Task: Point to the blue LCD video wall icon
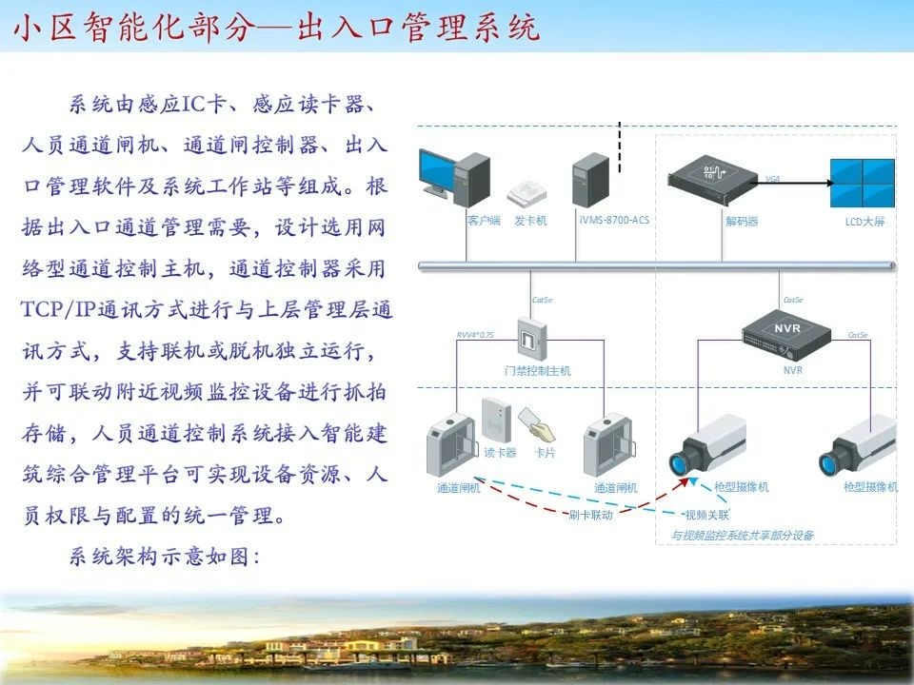[863, 183]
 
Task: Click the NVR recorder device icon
[786, 330]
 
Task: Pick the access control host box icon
[529, 338]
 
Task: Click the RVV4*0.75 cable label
[476, 334]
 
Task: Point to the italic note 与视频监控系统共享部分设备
[744, 536]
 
